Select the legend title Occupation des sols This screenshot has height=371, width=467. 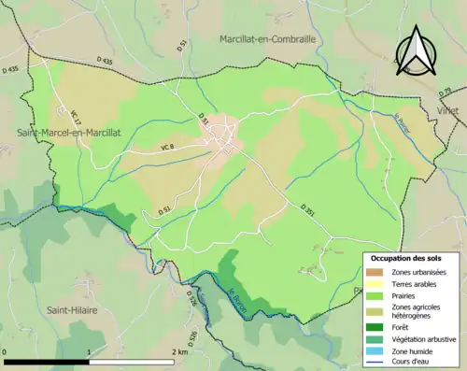[405, 257]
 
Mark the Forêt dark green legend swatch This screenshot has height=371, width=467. [376, 326]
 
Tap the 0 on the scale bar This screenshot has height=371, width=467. [6, 353]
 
